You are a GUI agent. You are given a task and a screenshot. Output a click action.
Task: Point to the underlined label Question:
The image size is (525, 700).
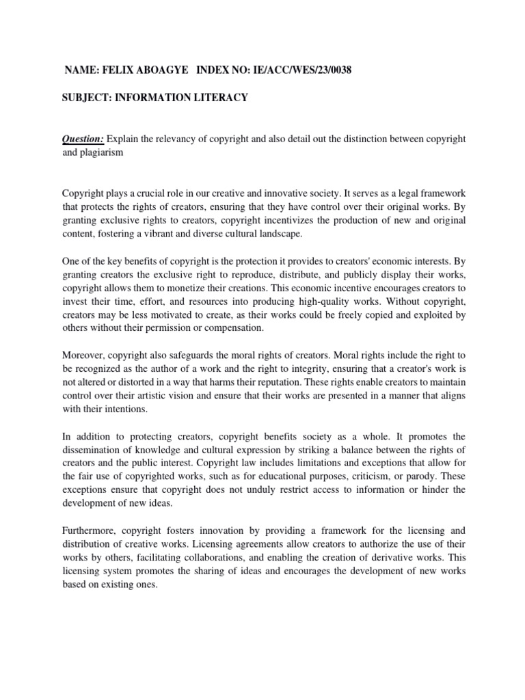coord(83,139)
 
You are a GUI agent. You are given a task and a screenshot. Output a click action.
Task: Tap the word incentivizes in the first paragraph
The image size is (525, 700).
coord(290,221)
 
